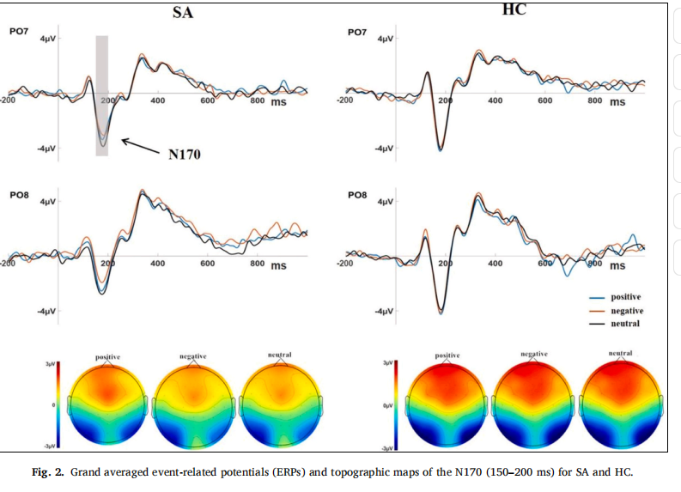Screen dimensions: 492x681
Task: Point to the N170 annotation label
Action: click(x=184, y=155)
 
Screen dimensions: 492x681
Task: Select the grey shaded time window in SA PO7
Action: click(x=101, y=94)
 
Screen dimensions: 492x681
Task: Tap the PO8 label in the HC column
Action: click(x=359, y=195)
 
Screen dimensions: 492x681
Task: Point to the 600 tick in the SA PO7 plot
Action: click(x=208, y=101)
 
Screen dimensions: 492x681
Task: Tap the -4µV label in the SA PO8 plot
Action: click(x=46, y=310)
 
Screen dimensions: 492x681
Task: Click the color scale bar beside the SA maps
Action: click(x=58, y=404)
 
